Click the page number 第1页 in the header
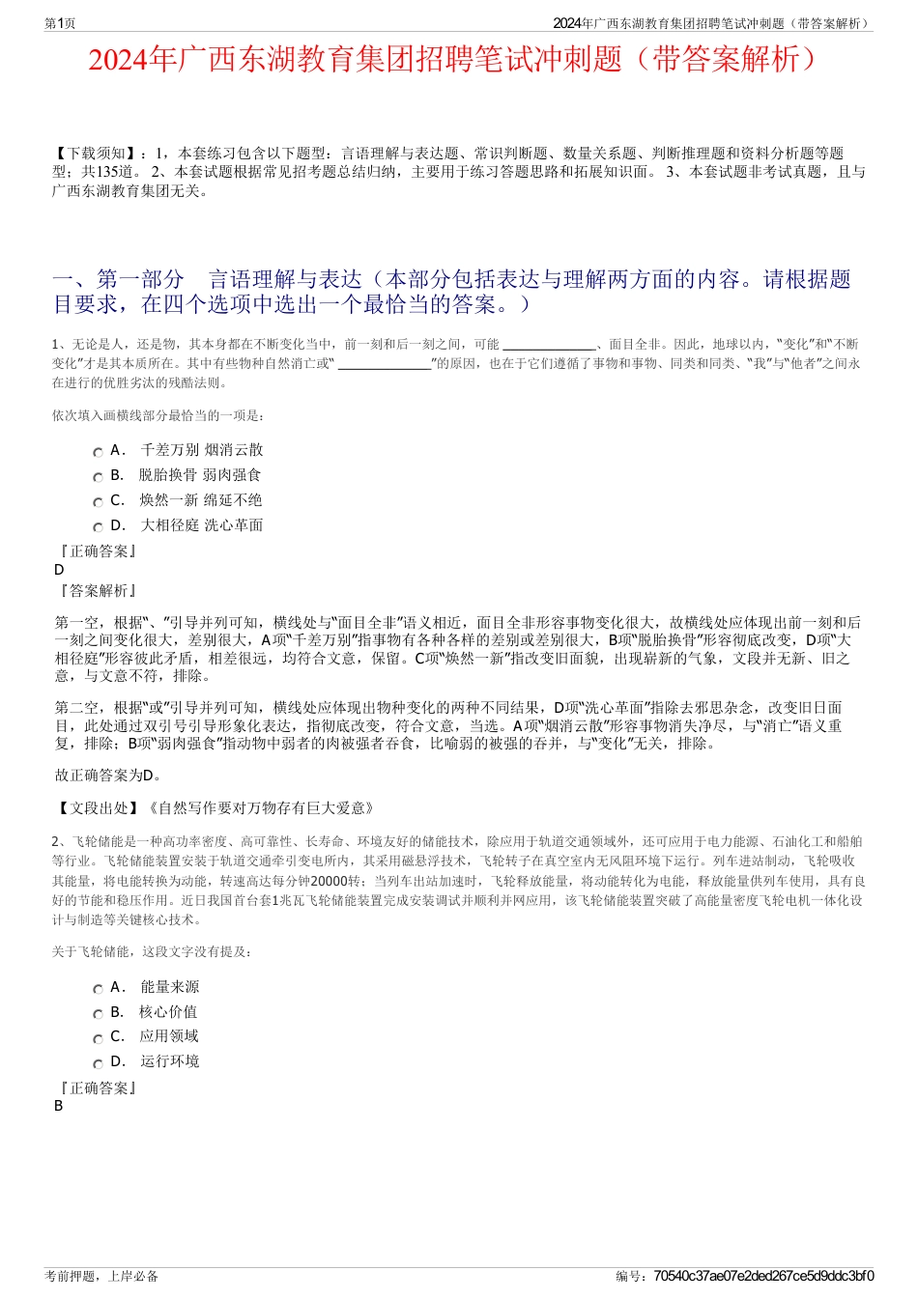[x=60, y=23]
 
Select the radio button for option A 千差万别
[x=99, y=452]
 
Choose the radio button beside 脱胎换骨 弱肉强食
[x=99, y=477]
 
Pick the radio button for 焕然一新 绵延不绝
[x=99, y=502]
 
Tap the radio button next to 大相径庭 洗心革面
[x=99, y=527]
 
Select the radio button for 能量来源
[x=99, y=989]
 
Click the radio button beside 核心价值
[x=99, y=1014]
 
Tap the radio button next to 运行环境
[x=99, y=1063]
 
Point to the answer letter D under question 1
[x=59, y=570]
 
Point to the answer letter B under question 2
[x=59, y=1106]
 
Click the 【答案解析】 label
[x=98, y=590]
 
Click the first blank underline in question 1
[x=549, y=345]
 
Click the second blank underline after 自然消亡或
[x=384, y=364]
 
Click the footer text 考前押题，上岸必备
[x=101, y=1276]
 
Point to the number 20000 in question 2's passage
[x=324, y=881]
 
